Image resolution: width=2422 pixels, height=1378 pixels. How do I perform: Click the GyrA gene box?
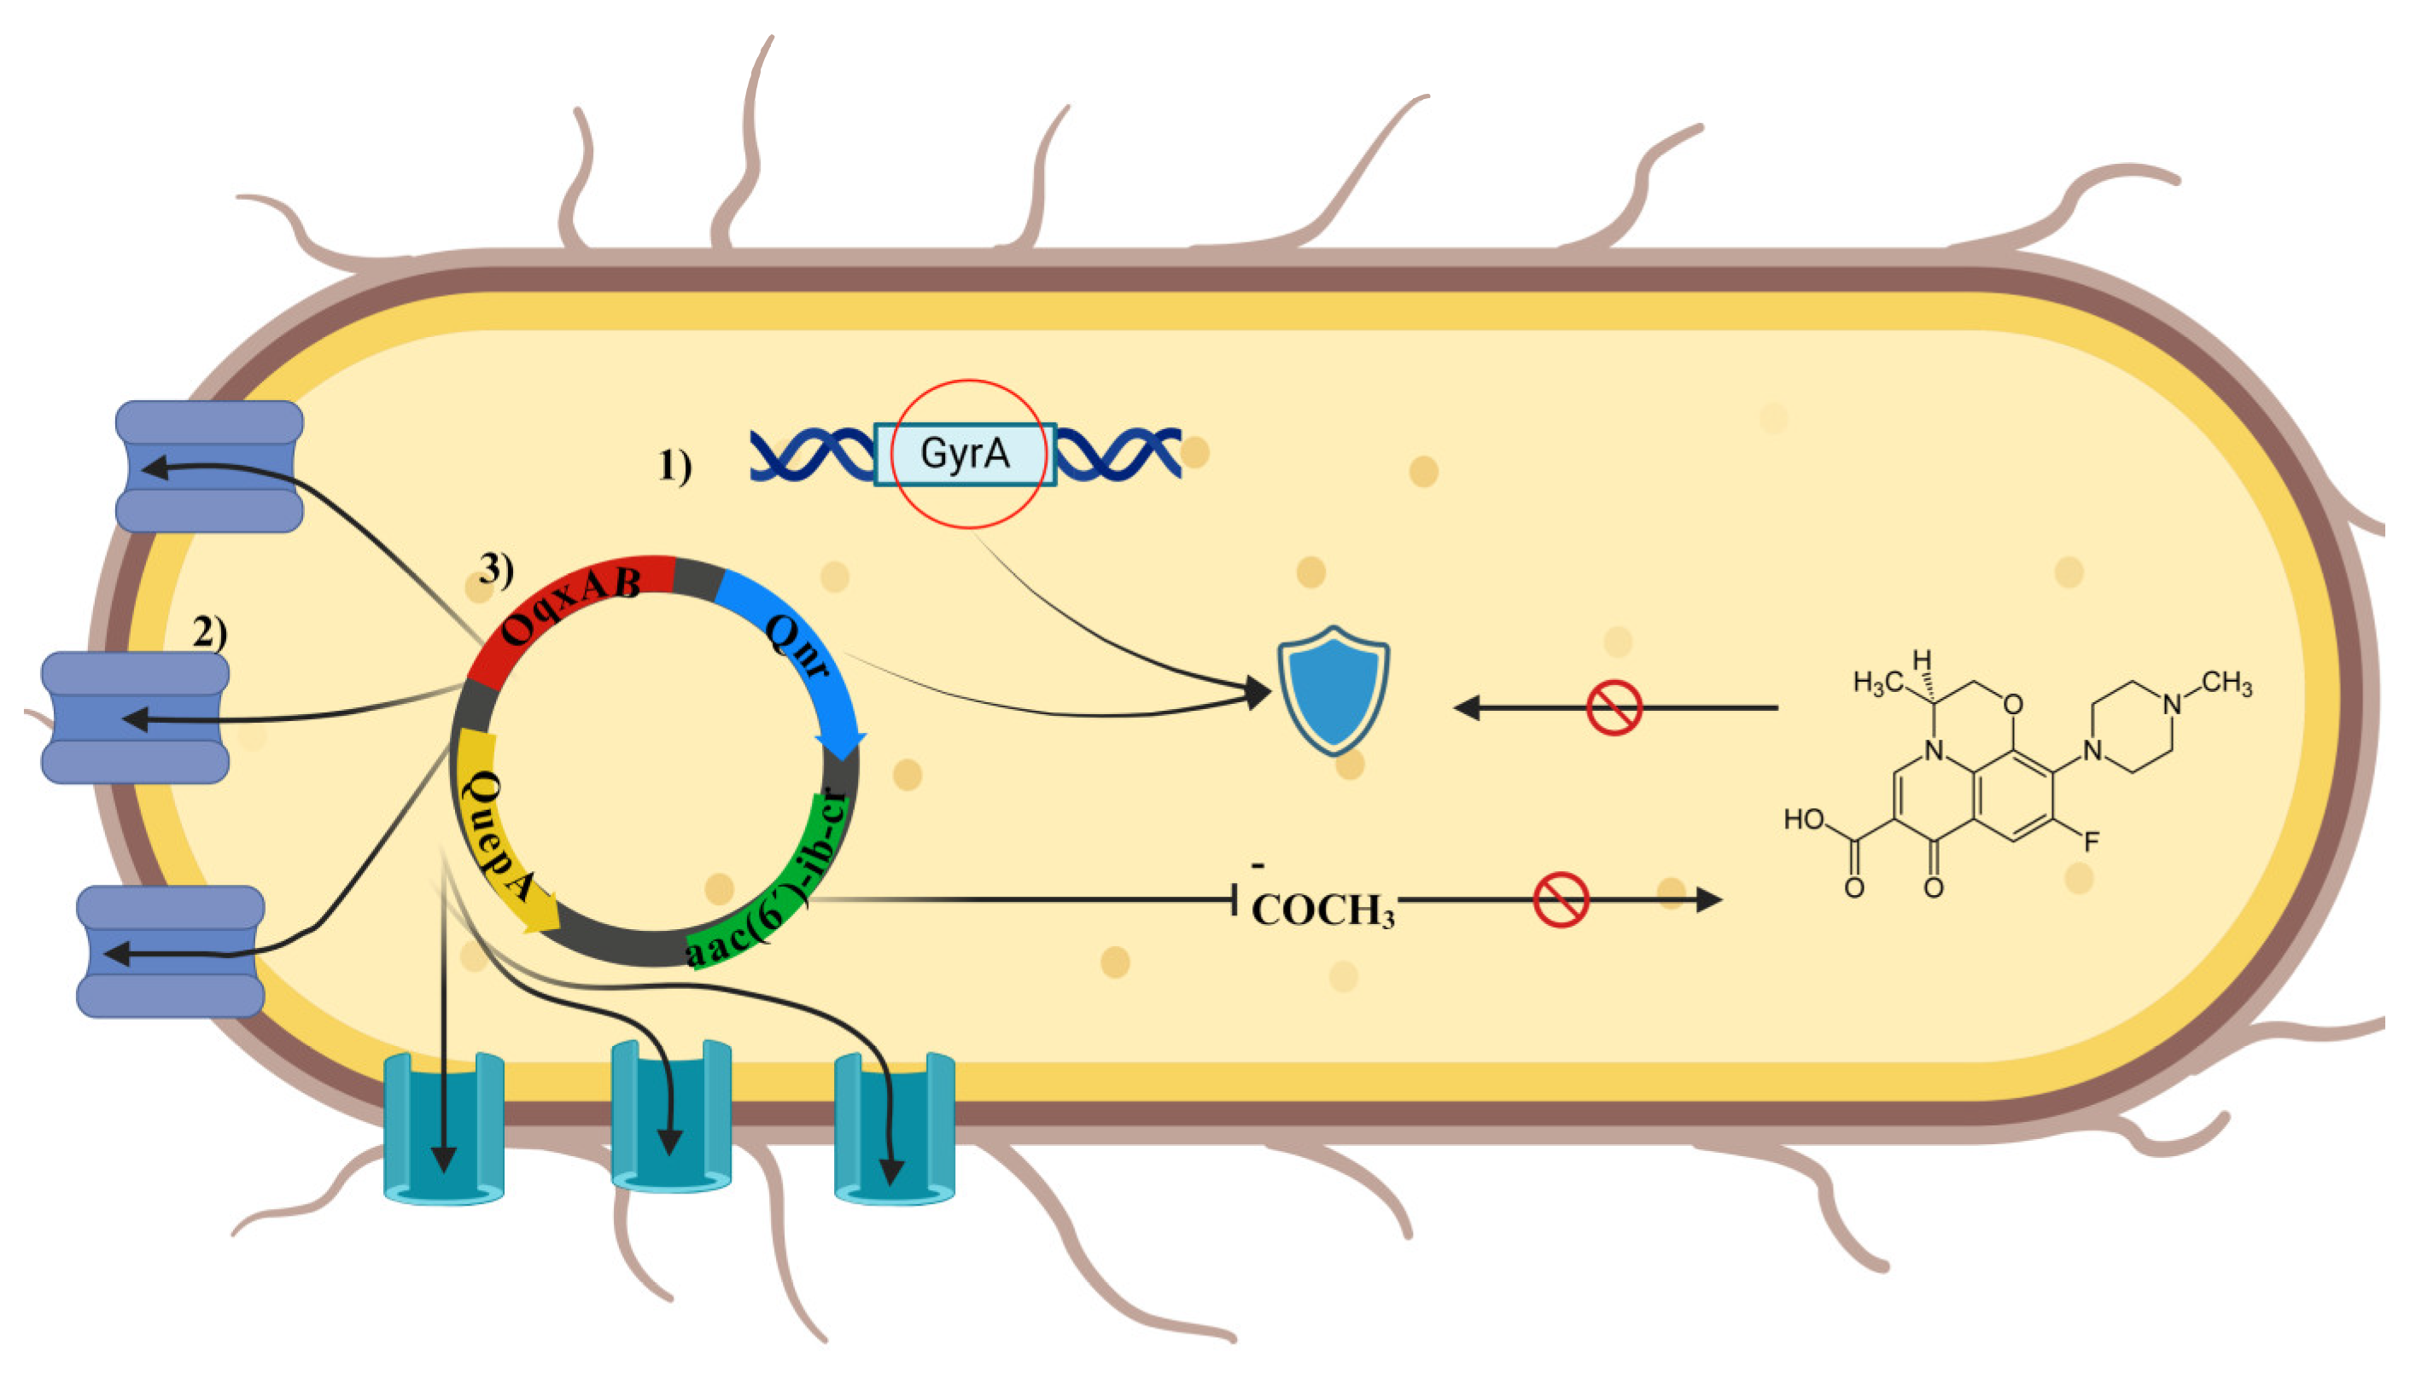pos(964,453)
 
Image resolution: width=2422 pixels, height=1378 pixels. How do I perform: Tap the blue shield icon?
pos(1334,690)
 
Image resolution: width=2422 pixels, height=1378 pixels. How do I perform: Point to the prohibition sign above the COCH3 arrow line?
pos(1560,899)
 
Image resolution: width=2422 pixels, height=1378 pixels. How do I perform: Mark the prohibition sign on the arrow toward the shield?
pos(1614,707)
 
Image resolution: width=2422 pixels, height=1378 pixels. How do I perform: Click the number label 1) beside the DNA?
pos(674,466)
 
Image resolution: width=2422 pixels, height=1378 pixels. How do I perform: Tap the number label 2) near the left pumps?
pos(209,631)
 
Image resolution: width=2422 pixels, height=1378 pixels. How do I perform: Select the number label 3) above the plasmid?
pos(496,569)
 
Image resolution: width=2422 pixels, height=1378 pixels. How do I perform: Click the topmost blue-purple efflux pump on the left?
pos(209,466)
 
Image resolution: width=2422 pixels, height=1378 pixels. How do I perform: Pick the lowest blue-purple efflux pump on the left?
pos(171,951)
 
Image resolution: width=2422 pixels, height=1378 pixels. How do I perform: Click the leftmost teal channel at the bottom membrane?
pos(443,1126)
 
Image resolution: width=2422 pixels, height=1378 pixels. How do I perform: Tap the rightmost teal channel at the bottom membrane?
pos(894,1126)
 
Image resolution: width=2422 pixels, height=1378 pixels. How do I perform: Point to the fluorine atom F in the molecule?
pos(2092,840)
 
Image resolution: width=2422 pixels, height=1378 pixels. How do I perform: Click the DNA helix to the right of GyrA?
pos(1118,453)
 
